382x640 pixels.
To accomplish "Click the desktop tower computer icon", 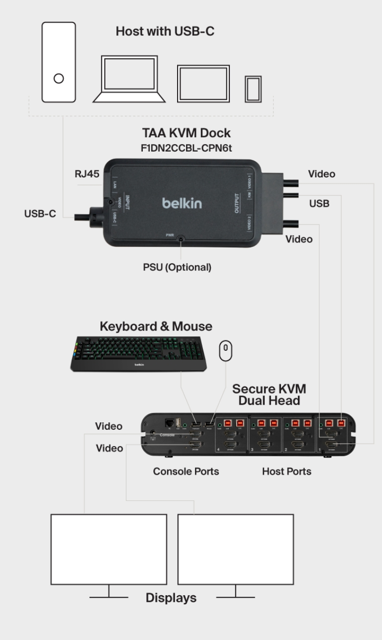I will [59, 62].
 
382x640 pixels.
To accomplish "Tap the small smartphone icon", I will [253, 89].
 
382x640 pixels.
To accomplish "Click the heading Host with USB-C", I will [165, 31].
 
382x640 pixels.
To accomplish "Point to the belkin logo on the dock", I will [182, 204].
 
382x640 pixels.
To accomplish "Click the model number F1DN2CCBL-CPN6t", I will [180, 148].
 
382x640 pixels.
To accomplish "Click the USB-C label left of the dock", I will [40, 214].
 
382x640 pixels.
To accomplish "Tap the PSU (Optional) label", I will [177, 267].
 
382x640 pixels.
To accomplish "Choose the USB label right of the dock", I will [319, 203].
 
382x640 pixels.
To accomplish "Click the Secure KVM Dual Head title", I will [269, 394].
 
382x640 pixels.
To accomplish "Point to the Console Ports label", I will [186, 471].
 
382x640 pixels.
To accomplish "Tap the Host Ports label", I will [286, 471].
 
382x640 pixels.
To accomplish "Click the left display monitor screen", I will [108, 549].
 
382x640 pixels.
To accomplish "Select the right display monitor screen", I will [235, 549].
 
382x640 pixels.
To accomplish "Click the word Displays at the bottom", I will [171, 598].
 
